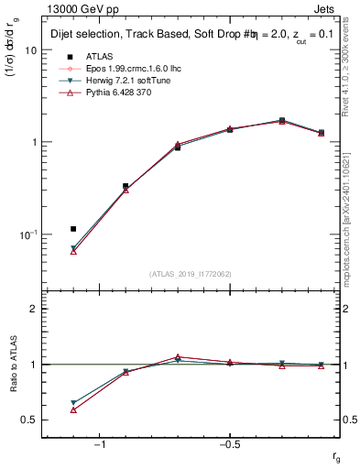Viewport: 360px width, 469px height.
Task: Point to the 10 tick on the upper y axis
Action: (x=30, y=50)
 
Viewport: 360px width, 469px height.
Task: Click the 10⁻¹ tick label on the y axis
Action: (x=27, y=234)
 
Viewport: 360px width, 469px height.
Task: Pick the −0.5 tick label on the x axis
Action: (x=227, y=444)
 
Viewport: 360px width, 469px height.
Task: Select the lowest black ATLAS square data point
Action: (x=73, y=228)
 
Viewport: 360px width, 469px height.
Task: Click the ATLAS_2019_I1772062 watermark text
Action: (x=190, y=273)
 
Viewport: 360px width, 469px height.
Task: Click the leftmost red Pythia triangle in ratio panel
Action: (x=73, y=409)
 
